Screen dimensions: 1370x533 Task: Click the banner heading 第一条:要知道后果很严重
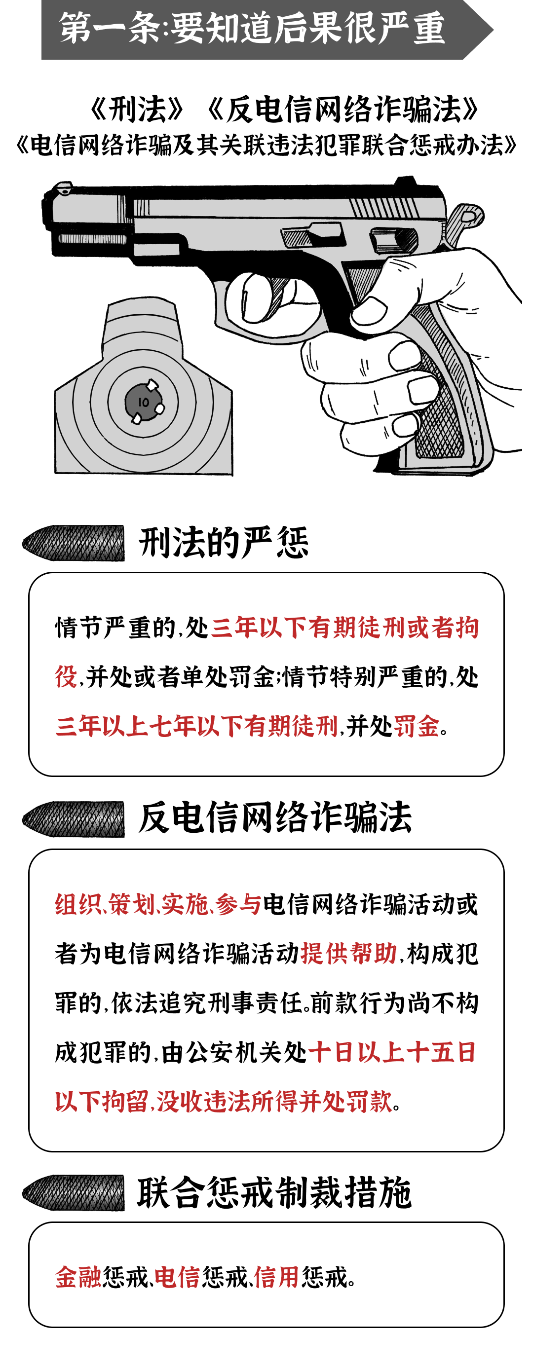pyautogui.click(x=252, y=29)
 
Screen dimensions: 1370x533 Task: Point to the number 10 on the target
pyautogui.click(x=143, y=402)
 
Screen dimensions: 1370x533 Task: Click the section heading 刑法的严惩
pyautogui.click(x=224, y=543)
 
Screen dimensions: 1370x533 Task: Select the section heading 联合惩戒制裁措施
pyautogui.click(x=274, y=1193)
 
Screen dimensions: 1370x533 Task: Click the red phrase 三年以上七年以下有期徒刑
pyautogui.click(x=197, y=726)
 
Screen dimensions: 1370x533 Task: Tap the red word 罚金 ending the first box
pyautogui.click(x=416, y=726)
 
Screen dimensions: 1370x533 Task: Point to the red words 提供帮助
pyautogui.click(x=349, y=954)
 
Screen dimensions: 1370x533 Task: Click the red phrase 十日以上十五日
pyautogui.click(x=392, y=1052)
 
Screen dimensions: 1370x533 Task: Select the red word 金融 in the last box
pyautogui.click(x=77, y=1277)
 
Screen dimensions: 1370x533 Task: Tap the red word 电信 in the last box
pyautogui.click(x=177, y=1277)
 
